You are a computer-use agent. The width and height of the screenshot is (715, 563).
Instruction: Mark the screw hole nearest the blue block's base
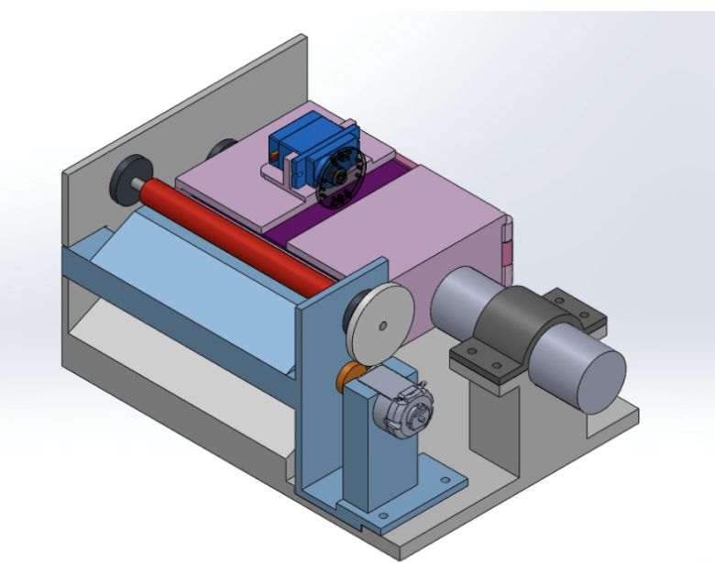coord(445,480)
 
